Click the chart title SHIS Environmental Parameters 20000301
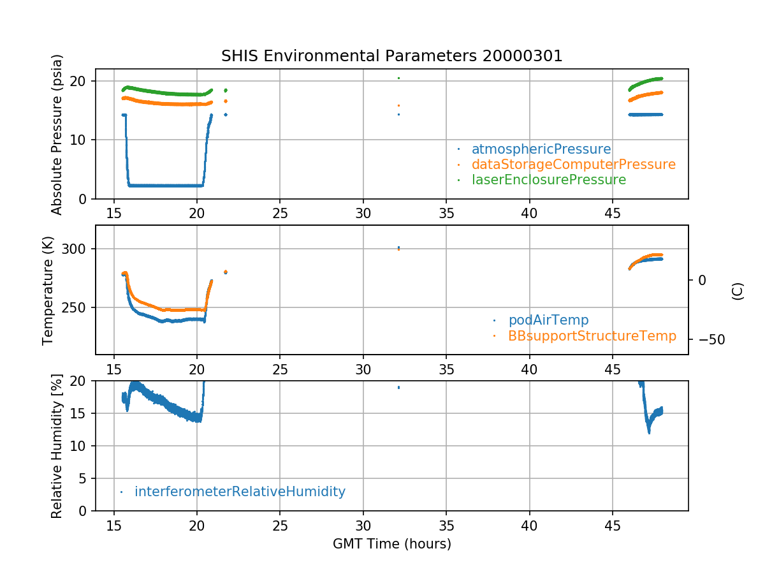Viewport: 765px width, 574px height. [391, 55]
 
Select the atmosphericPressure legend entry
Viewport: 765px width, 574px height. [541, 149]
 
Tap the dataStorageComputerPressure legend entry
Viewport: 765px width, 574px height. [573, 165]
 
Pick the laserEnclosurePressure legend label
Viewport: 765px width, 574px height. [548, 180]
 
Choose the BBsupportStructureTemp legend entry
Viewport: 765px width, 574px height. [592, 335]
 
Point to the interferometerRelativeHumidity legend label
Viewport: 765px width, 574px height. [240, 492]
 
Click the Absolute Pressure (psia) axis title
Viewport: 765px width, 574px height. [57, 134]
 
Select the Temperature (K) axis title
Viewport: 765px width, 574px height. [48, 290]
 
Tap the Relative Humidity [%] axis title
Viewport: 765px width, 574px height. [57, 446]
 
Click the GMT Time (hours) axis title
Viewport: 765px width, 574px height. [391, 544]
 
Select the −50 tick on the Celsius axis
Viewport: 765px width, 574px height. [708, 339]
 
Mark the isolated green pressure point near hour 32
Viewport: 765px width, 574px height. [398, 78]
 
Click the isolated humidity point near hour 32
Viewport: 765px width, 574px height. [398, 387]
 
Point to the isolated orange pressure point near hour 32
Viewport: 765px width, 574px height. [398, 105]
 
